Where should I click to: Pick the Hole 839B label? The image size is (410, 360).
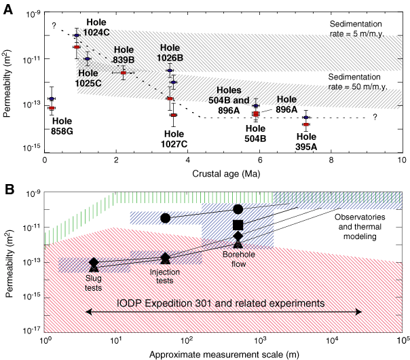124,54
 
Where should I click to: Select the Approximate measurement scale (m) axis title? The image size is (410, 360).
223,353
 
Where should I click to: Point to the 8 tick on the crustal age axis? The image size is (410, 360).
331,160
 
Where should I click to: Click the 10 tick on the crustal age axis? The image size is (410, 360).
401,160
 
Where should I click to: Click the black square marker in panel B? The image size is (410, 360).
238,225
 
